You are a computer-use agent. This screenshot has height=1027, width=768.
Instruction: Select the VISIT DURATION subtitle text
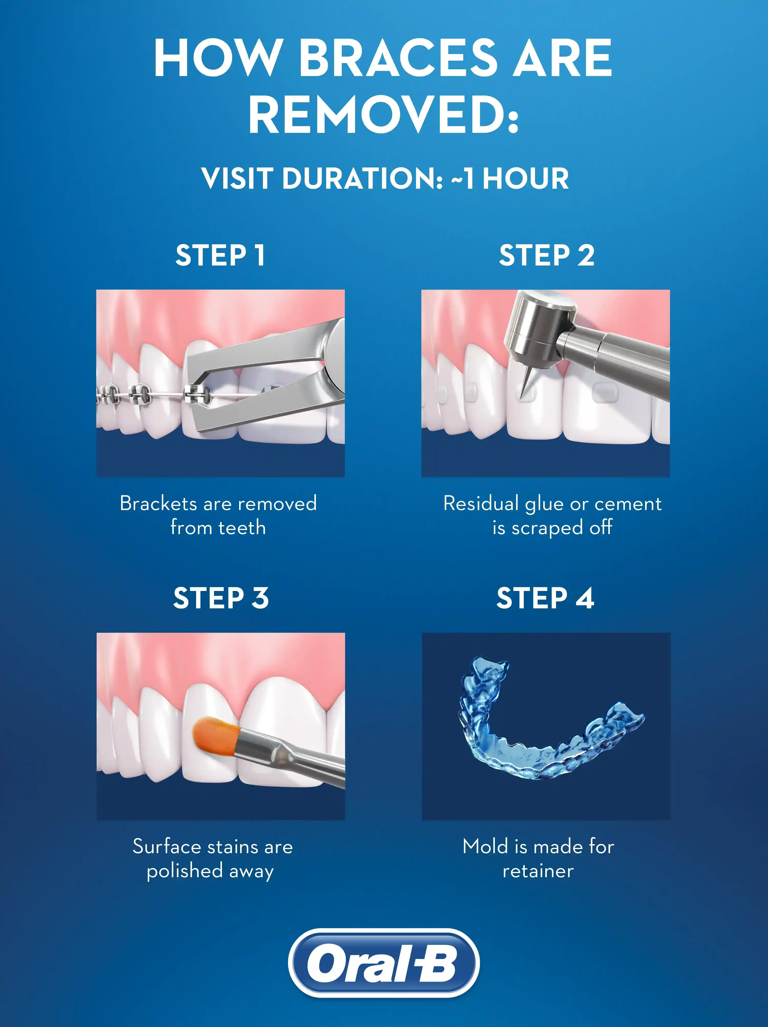tap(385, 178)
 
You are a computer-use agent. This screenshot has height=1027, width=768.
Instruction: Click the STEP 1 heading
tap(220, 255)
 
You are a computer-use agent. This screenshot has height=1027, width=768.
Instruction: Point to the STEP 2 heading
tap(547, 255)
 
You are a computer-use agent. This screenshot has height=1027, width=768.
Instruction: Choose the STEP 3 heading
tap(221, 598)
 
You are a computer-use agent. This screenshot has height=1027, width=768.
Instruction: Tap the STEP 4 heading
tap(545, 598)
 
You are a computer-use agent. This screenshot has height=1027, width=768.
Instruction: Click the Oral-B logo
tap(384, 963)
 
